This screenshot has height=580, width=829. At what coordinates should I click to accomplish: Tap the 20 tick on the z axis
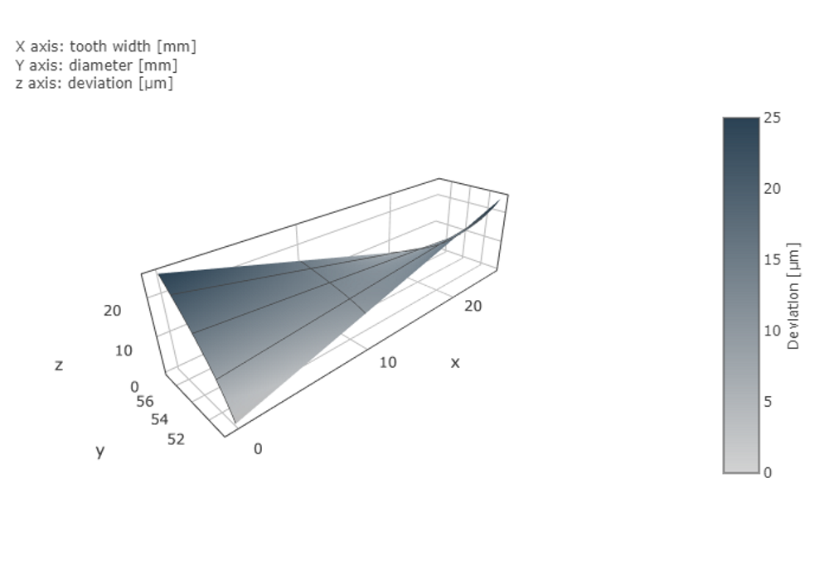point(112,311)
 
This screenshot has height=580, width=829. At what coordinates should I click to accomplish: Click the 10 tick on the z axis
point(124,350)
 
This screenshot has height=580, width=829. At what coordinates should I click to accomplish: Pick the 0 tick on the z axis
point(135,386)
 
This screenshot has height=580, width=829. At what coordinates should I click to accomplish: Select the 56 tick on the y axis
point(145,401)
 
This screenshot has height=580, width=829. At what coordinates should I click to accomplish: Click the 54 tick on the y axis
point(160,419)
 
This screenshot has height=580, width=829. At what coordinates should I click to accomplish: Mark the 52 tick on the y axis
point(176,439)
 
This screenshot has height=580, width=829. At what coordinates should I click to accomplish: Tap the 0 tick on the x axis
point(258,449)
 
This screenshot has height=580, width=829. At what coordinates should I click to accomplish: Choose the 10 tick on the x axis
point(388,362)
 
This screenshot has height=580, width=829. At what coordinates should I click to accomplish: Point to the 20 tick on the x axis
point(473,306)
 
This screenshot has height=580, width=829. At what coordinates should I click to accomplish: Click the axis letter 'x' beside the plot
point(455,363)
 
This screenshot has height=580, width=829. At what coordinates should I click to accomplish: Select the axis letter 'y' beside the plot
point(100,452)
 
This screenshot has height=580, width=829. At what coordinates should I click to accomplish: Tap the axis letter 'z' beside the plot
point(58,365)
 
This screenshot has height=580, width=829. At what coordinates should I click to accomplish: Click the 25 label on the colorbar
point(772,118)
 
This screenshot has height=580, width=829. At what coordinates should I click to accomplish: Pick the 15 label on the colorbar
point(772,259)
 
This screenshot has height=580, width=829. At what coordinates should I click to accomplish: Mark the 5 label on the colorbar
point(768,402)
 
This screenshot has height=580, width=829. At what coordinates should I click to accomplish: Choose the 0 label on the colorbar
point(768,473)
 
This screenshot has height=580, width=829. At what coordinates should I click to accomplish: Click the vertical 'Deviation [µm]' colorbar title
point(793,296)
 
